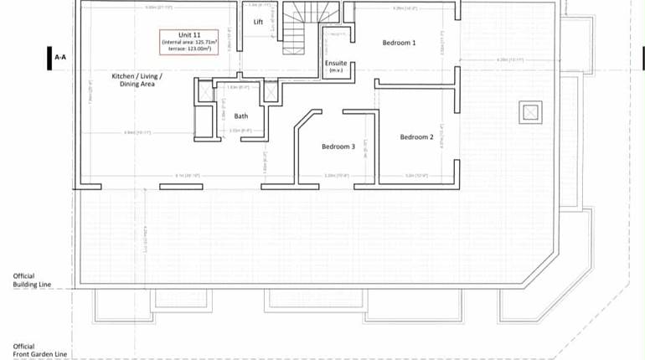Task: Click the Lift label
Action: click(x=259, y=22)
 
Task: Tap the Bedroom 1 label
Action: click(x=399, y=42)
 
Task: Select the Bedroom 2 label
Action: click(x=416, y=136)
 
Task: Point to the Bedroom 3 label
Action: click(x=338, y=147)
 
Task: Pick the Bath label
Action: click(x=241, y=116)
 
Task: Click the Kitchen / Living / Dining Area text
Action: click(x=137, y=80)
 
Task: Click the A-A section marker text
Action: click(x=60, y=57)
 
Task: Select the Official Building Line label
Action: click(x=32, y=280)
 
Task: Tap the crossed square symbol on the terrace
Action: click(x=529, y=111)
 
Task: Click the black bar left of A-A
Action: click(x=48, y=57)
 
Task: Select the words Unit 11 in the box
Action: click(x=189, y=34)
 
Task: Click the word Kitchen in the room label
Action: click(x=125, y=76)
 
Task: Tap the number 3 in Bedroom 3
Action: click(x=353, y=147)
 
